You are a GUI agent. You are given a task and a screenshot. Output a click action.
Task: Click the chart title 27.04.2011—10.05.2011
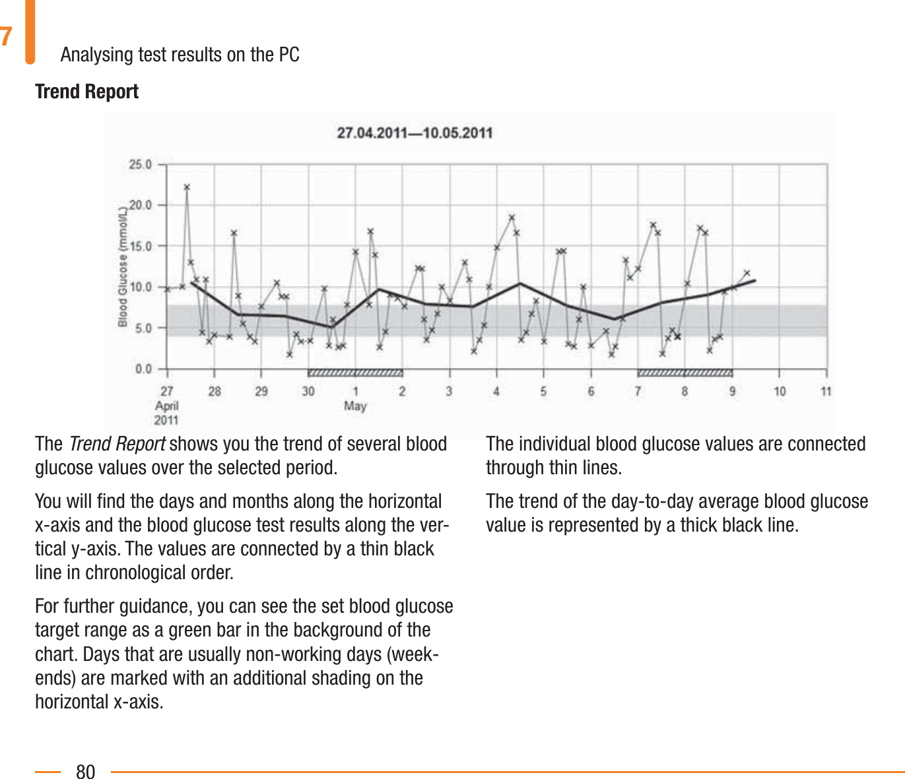pos(415,133)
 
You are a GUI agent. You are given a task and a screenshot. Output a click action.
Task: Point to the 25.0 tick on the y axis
pos(140,164)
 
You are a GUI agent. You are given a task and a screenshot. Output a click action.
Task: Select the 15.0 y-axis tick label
pos(140,246)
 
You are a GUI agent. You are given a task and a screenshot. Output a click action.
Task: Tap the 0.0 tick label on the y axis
pos(143,369)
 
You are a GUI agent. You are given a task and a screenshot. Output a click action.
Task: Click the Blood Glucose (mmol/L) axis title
pos(123,266)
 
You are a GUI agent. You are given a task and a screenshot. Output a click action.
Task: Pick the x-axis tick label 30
pos(308,391)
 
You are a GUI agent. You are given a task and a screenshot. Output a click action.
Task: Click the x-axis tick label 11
pos(826,391)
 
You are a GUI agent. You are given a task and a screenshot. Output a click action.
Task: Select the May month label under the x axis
pos(355,406)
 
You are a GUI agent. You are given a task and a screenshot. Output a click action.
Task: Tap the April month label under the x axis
pos(167,406)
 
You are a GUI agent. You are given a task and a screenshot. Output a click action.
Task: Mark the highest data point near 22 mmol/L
pos(187,187)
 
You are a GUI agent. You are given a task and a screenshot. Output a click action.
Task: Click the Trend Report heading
pos(86,91)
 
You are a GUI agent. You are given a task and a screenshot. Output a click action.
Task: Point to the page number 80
pos(86,771)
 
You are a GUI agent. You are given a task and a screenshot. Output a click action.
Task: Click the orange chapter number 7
pos(6,36)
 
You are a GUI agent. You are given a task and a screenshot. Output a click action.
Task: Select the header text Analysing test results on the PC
pos(180,54)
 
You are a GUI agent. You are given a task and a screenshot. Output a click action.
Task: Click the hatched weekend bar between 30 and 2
pos(355,373)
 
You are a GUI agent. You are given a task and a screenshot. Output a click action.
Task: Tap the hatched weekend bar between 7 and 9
pos(685,373)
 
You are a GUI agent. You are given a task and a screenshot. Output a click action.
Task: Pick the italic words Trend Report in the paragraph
pos(117,444)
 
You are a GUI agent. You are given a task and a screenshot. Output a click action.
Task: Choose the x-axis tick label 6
pos(591,391)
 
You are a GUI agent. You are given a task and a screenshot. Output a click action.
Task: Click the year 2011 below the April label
pos(167,420)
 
